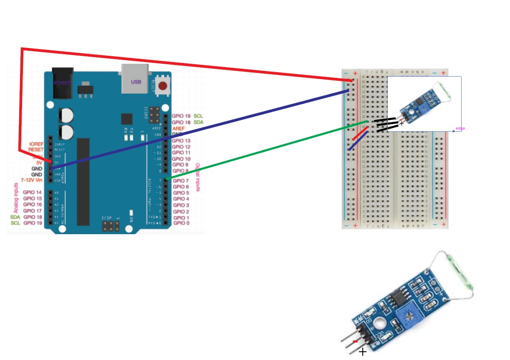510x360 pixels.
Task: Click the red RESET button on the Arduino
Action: click(163, 86)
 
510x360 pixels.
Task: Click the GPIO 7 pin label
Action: click(181, 181)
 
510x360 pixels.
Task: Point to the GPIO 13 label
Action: click(181, 141)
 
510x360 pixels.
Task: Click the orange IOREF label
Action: click(36, 144)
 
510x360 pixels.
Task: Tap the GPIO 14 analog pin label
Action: click(33, 192)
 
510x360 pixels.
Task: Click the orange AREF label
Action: click(178, 129)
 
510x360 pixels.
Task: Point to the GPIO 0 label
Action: click(181, 223)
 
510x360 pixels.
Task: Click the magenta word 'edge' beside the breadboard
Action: click(460, 128)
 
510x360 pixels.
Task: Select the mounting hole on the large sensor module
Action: click(379, 323)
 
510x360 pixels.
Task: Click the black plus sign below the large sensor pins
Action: click(363, 352)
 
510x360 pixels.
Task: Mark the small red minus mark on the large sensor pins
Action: click(355, 341)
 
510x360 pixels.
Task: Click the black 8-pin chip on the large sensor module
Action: click(395, 297)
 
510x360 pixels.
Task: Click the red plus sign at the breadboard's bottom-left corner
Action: click(355, 225)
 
